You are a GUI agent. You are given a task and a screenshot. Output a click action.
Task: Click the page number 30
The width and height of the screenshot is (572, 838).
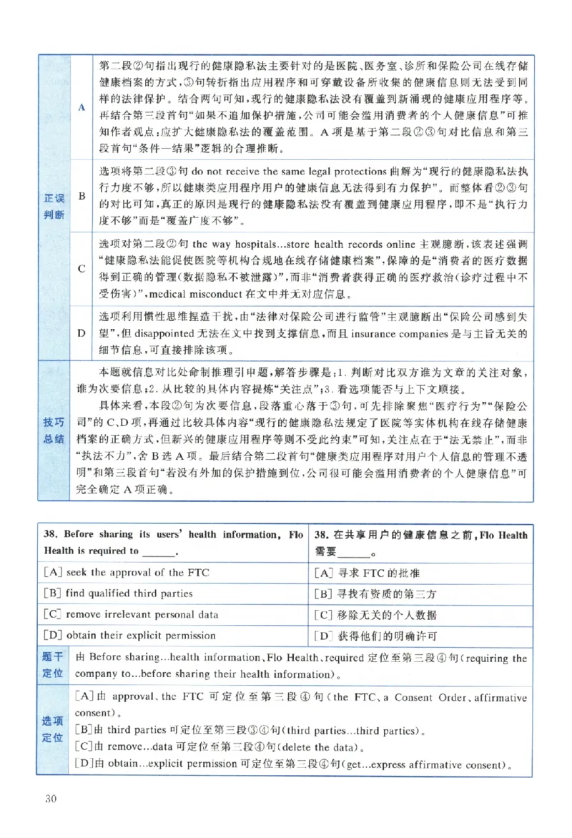pos(51,799)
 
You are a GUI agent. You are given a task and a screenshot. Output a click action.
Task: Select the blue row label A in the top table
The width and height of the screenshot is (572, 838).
pos(82,107)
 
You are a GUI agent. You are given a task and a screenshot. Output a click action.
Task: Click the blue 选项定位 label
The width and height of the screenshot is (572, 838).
pos(53,730)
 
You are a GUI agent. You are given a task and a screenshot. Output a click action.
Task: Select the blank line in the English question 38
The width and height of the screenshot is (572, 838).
pos(178,551)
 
